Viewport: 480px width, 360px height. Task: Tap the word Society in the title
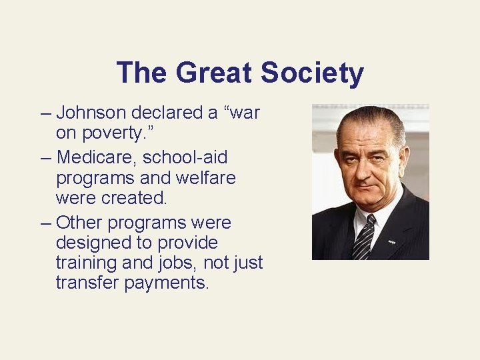click(312, 73)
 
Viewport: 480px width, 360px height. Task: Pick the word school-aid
click(190, 158)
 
